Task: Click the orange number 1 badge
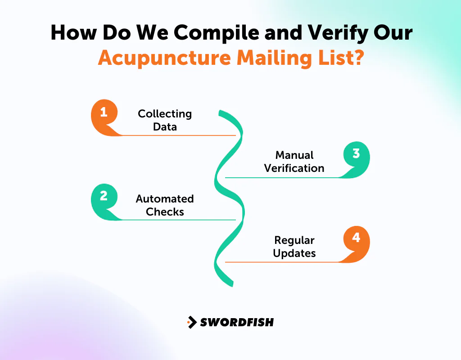point(104,113)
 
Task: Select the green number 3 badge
point(356,155)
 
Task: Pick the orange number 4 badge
point(356,239)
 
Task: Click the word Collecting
point(165,114)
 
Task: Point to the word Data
point(165,127)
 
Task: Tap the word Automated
point(165,199)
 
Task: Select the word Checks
point(165,212)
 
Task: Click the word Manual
point(294,155)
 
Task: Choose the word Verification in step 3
point(294,168)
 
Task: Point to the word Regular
point(294,240)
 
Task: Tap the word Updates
point(294,253)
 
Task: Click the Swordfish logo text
point(237,322)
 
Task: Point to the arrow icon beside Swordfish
point(192,322)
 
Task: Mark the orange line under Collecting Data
point(180,135)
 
